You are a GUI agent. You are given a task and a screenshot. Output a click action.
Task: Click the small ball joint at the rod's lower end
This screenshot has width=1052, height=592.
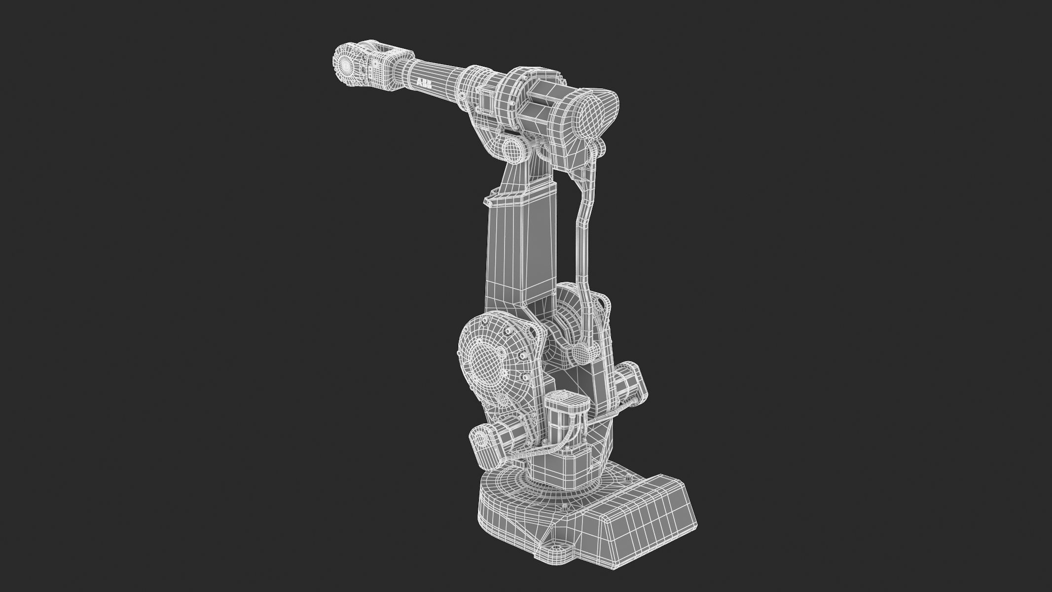pos(583,353)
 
